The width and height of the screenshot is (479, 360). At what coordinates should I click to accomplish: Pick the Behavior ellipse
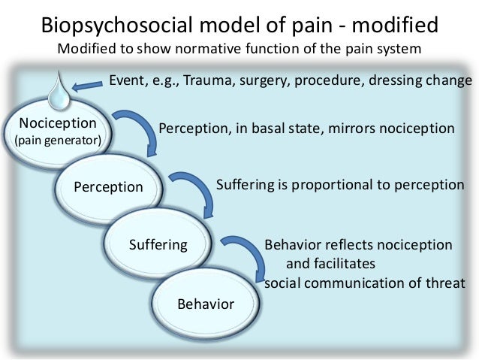pos(205,304)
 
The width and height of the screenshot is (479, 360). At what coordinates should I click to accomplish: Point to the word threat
pos(445,283)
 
